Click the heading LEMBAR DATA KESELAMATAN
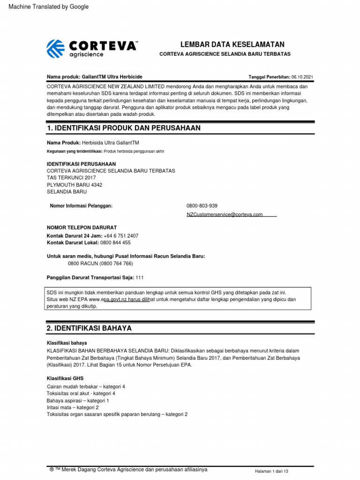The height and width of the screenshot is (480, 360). click(232, 45)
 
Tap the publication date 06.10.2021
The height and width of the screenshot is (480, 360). click(302, 77)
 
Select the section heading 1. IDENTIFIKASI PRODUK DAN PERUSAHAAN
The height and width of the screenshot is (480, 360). click(124, 128)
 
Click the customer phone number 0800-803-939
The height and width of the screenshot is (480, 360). click(202, 206)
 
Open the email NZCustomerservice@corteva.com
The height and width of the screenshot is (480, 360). click(225, 214)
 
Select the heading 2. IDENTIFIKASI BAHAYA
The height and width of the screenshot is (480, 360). click(89, 329)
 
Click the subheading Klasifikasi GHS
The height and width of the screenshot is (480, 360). click(65, 378)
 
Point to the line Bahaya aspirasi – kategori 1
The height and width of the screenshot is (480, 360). click(78, 401)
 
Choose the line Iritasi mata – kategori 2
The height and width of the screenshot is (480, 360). click(73, 407)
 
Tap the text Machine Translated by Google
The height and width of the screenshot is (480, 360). click(45, 7)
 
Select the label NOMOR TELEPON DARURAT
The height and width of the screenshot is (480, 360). click(82, 227)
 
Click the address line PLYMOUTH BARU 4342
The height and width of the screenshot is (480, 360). click(75, 185)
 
